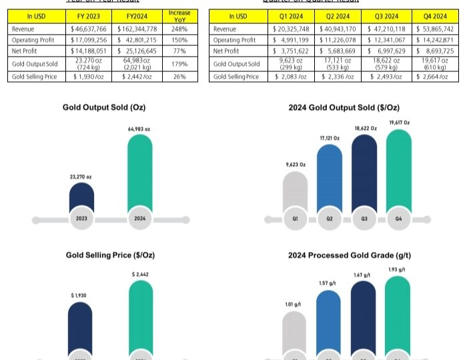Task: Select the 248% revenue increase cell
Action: point(179,29)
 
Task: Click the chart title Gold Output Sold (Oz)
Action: point(104,107)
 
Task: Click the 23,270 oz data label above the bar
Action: point(81,177)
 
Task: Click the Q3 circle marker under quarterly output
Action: point(364,219)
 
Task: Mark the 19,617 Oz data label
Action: point(399,123)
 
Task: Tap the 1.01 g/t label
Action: point(294,304)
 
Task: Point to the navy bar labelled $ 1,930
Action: point(82,333)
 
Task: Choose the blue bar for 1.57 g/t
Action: point(329,323)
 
